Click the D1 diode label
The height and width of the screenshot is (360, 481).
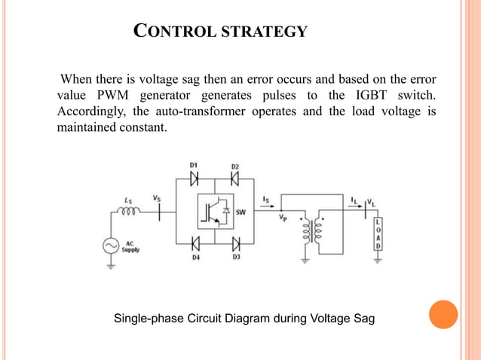[x=192, y=166]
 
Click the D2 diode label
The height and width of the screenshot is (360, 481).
[x=235, y=166]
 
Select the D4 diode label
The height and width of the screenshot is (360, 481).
[x=195, y=257]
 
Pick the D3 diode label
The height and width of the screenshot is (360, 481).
[x=235, y=257]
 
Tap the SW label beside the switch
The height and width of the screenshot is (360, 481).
[x=240, y=212]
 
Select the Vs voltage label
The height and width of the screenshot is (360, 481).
[x=156, y=199]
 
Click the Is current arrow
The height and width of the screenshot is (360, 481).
[x=268, y=204]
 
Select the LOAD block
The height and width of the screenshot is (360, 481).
[x=378, y=234]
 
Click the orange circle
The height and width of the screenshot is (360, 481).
[x=443, y=315]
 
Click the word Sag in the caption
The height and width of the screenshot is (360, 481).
[x=361, y=319]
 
